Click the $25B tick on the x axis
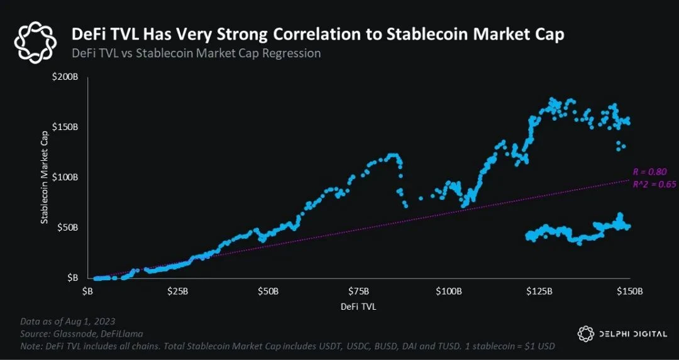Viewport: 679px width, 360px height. (x=178, y=292)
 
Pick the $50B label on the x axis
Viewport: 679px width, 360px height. (x=268, y=292)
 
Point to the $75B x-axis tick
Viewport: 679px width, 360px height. (x=359, y=292)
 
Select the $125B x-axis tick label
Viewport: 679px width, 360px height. (x=539, y=292)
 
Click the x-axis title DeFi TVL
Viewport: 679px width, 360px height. (x=358, y=307)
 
